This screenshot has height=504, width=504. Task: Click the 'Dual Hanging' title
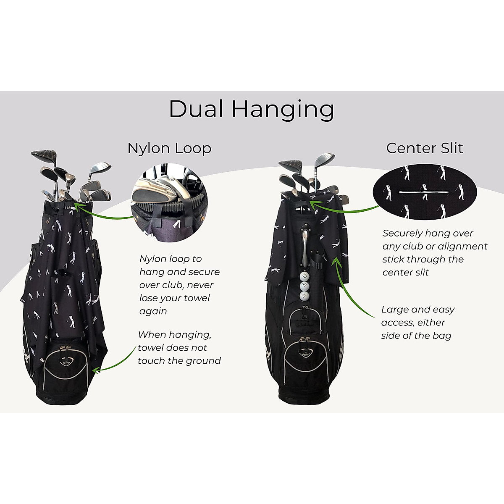pos(252,109)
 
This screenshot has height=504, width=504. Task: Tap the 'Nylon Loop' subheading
pos(169,148)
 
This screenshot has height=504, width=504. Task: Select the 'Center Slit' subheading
pos(425,148)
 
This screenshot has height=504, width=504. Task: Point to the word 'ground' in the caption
pos(204,361)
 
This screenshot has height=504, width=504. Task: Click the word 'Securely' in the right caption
pos(402,234)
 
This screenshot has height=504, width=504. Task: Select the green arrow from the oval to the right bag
pos(344,207)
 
